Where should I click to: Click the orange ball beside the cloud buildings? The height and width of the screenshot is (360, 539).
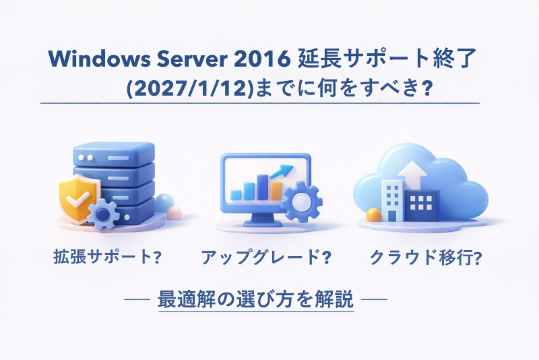(373, 215)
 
